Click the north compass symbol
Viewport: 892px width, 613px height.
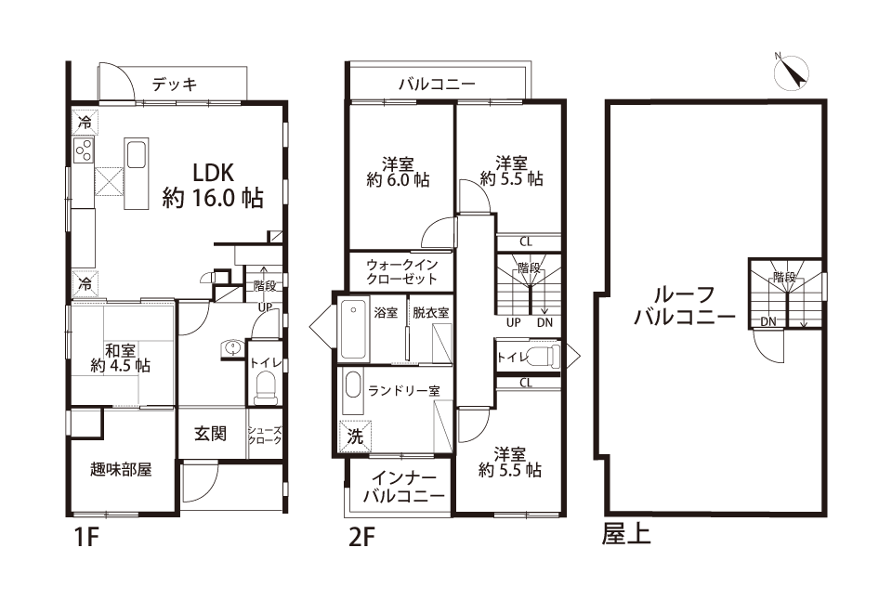(792, 72)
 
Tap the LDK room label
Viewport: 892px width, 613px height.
(213, 186)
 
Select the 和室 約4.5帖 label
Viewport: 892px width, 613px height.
(120, 358)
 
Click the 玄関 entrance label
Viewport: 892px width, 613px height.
(211, 434)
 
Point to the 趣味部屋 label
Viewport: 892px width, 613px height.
(121, 470)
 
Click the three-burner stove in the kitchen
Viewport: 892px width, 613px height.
(83, 150)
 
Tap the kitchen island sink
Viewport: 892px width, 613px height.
(137, 155)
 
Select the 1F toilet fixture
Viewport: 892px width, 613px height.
(264, 387)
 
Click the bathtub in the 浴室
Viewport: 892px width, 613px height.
(354, 330)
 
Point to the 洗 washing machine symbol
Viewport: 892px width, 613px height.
(355, 437)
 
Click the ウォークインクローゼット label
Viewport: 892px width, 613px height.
(401, 272)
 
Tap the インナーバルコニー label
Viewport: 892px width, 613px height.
(403, 488)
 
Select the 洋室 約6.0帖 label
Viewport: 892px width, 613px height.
(399, 173)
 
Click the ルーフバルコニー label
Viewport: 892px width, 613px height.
(685, 305)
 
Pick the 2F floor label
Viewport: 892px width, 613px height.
(362, 537)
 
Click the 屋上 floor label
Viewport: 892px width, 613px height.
(625, 535)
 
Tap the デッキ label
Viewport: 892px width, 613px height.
(175, 85)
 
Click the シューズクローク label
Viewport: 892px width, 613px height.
(265, 435)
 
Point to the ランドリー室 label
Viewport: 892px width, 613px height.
(404, 391)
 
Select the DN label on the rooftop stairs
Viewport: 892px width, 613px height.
(768, 321)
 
